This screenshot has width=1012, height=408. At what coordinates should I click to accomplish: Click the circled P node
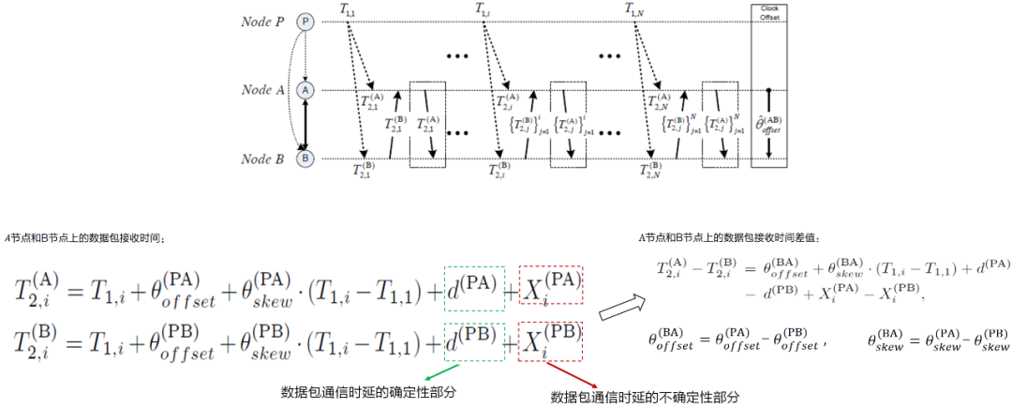click(305, 21)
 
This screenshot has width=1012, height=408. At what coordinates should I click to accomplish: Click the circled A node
click(305, 90)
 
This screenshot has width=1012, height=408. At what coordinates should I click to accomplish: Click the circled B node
click(305, 159)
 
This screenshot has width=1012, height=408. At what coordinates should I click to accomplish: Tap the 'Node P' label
click(262, 21)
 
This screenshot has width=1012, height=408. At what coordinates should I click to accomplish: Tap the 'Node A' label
click(262, 90)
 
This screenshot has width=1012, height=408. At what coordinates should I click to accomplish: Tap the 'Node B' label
click(262, 159)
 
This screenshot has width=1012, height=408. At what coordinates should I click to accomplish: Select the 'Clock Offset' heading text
click(768, 13)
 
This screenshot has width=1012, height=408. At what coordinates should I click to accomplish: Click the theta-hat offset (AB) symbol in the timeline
click(768, 124)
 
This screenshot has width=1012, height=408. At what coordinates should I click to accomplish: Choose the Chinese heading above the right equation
click(720, 237)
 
